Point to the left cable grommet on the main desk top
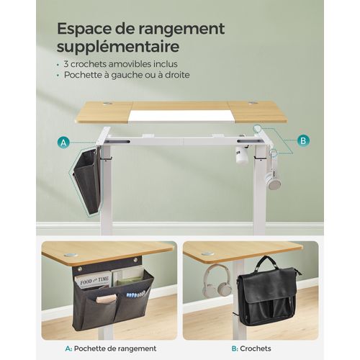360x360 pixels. [x=107, y=104]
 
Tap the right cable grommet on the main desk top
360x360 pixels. [x=253, y=104]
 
